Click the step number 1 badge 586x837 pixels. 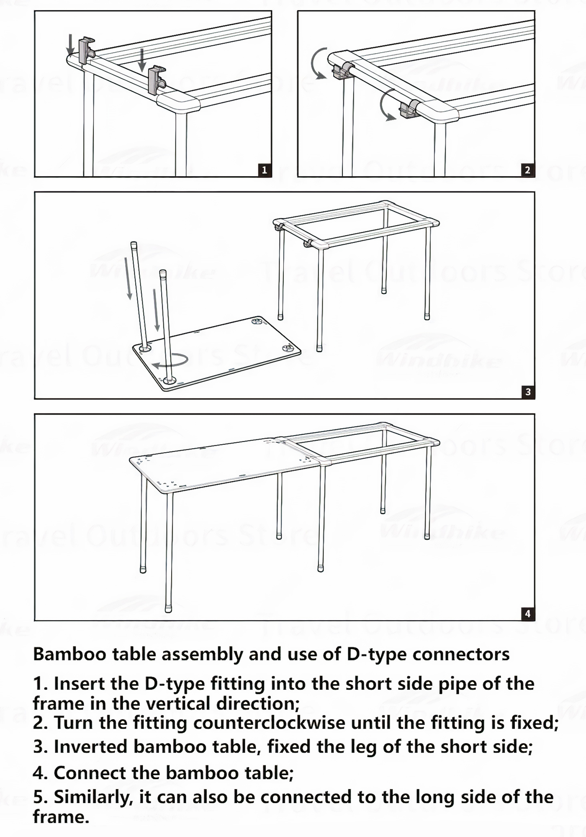pos(264,170)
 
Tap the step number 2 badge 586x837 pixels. pos(527,170)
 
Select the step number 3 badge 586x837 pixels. pos(528,392)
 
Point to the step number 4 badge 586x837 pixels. pos(527,614)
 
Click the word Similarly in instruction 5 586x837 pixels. pos(93,797)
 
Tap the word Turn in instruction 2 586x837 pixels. pos(74,723)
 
